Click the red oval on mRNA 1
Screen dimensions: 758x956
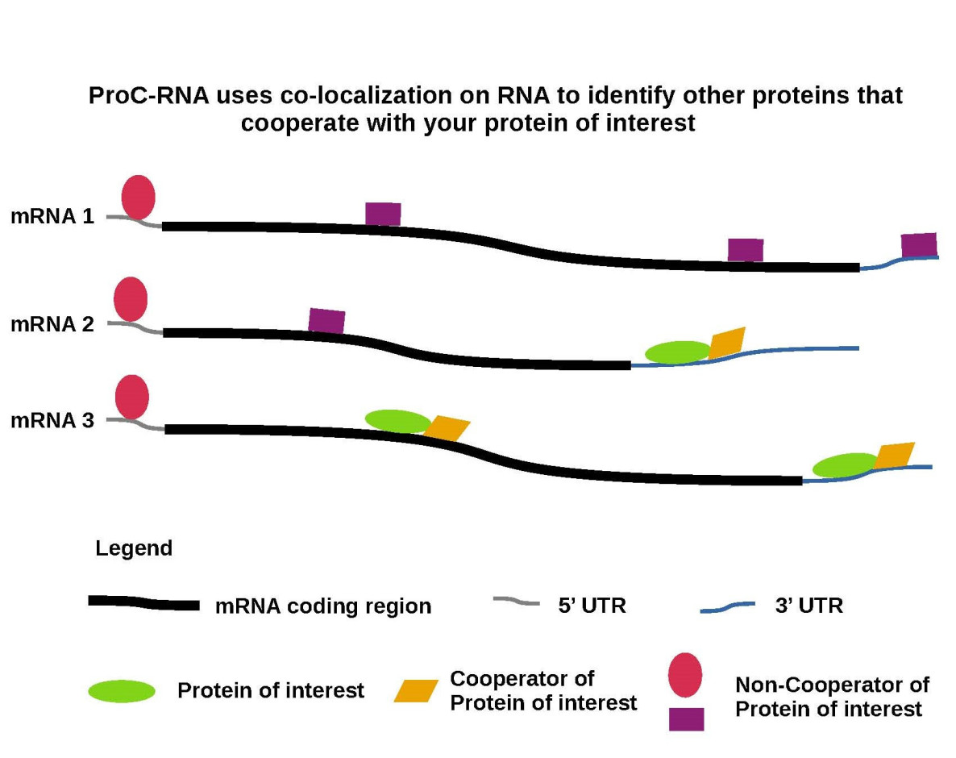(x=138, y=196)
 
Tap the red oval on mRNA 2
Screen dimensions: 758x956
(x=131, y=298)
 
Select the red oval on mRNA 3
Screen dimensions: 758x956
(x=132, y=397)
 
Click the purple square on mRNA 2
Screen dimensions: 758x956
(x=326, y=321)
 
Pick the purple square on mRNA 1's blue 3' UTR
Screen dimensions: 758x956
(x=919, y=244)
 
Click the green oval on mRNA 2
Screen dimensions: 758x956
(x=678, y=352)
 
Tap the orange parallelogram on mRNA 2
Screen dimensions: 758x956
(x=726, y=342)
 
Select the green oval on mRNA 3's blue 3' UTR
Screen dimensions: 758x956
(x=845, y=465)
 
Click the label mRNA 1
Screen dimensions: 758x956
(x=52, y=217)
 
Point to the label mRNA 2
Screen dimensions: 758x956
(x=52, y=324)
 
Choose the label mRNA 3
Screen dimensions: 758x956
(x=52, y=420)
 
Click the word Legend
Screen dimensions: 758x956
(x=134, y=549)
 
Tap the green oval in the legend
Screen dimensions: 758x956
(x=122, y=691)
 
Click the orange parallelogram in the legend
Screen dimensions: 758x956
(x=416, y=691)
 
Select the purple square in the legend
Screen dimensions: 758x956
(x=686, y=718)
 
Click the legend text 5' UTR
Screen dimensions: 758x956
(x=592, y=606)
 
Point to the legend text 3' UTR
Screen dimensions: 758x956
(x=808, y=606)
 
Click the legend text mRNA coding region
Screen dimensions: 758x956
(x=323, y=606)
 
